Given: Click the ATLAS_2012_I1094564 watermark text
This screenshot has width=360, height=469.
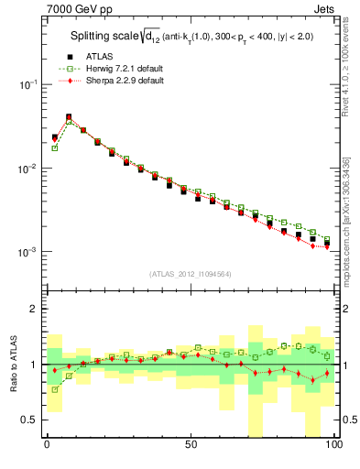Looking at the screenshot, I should pos(190,273).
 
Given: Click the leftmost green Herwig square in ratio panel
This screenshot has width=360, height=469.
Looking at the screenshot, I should pos(54,389).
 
